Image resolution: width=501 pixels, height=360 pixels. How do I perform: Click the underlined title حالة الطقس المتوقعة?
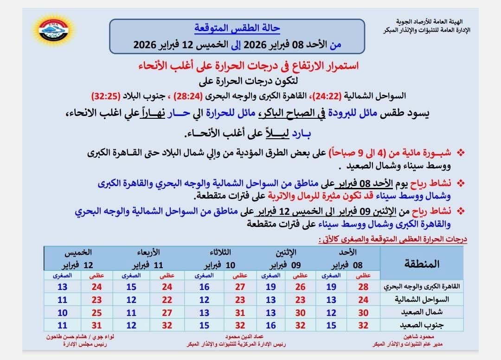click(x=237, y=28)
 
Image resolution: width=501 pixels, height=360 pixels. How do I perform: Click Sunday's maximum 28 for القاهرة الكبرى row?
click(x=364, y=286)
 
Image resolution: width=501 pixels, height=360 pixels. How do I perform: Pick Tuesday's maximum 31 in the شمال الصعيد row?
click(x=240, y=312)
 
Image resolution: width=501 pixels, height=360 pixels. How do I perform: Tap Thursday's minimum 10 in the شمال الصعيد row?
click(x=63, y=312)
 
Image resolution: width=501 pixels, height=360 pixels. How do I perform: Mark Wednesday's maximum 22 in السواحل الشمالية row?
click(x=167, y=299)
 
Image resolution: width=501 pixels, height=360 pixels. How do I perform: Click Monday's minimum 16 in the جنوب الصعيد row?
click(x=271, y=325)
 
